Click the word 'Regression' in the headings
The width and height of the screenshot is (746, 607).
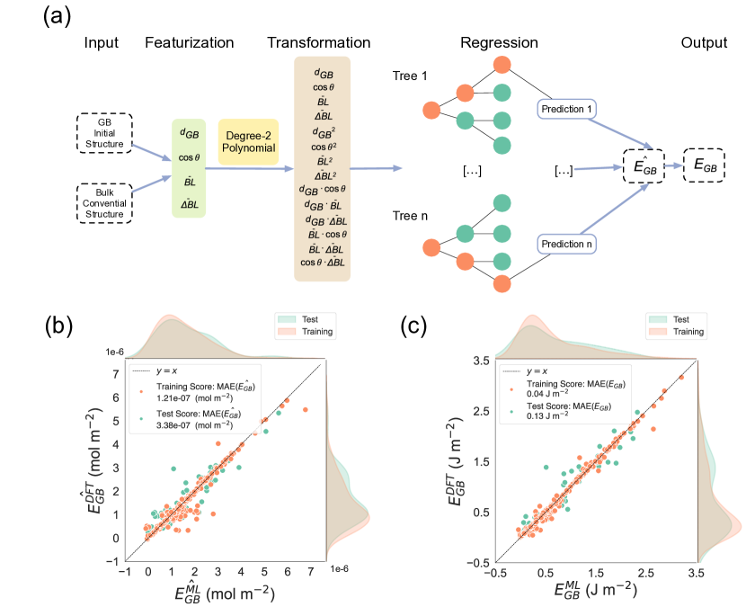coord(499,43)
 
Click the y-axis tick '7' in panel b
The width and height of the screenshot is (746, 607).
coord(117,375)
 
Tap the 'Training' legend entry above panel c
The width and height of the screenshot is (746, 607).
coord(682,332)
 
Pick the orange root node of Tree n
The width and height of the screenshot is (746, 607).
coord(432,245)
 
